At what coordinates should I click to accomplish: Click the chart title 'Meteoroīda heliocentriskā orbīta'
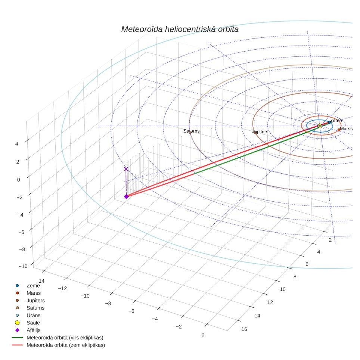point(180,30)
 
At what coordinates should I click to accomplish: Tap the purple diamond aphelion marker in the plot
point(126,196)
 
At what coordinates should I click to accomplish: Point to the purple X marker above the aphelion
point(126,169)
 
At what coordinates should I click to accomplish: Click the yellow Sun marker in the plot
point(320,126)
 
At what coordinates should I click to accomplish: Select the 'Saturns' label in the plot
point(192,131)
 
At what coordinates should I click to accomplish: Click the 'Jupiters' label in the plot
point(260,132)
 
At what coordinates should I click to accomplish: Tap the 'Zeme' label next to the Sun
point(336,121)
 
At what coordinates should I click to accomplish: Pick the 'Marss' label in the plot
point(346,129)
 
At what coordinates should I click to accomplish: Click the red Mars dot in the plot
point(339,130)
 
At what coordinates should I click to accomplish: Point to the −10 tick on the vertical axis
point(23,266)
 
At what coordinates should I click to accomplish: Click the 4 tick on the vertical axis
point(16,144)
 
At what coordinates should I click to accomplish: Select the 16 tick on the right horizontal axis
point(244,329)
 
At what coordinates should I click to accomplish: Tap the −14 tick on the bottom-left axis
point(40,281)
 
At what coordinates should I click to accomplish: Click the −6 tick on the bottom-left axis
point(131,311)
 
